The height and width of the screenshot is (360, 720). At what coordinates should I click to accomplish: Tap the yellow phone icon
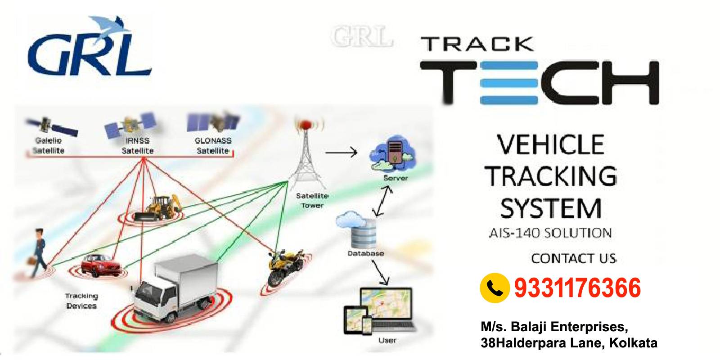[x=495, y=288]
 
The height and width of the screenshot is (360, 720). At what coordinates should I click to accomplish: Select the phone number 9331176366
[x=577, y=288]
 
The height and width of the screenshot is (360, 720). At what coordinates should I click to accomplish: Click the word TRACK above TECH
[x=477, y=44]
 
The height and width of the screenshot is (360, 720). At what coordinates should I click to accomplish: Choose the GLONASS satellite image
[x=213, y=122]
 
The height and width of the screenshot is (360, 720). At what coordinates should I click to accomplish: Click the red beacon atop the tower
[x=306, y=124]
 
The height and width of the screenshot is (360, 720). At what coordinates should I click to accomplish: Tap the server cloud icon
[x=392, y=153]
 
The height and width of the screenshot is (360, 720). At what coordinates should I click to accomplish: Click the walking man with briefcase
[x=38, y=252]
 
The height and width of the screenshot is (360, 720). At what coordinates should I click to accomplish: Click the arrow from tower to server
[x=341, y=152]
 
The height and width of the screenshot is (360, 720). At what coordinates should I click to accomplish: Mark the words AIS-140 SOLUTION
[x=550, y=233]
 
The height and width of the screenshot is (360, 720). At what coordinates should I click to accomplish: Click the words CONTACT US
[x=574, y=258]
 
